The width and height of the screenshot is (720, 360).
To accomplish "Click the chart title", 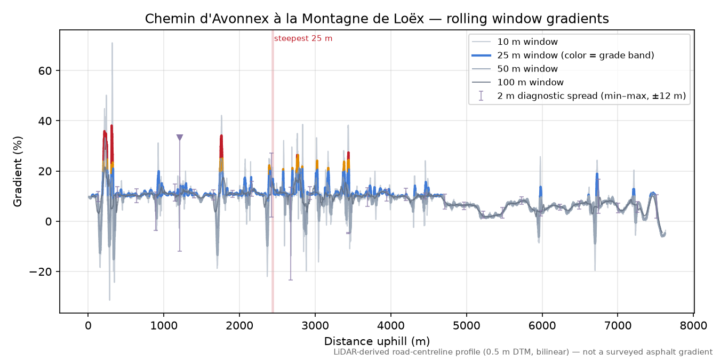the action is coord(377,19).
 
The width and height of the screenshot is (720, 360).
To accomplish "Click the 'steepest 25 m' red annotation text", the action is coord(303,38).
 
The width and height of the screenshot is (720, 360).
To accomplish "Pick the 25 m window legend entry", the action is coord(563,55).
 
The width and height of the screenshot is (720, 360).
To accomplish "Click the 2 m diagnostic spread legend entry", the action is coord(579,96).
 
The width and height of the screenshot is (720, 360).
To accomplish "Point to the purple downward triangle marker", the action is coord(180,138).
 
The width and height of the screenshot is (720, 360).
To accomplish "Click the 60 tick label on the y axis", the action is coord(45,71).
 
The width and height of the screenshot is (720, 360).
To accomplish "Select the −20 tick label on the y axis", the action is coord(41,272).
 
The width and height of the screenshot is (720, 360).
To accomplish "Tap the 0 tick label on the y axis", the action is coord(49,221).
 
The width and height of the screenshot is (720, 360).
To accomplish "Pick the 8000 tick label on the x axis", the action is coord(693,326).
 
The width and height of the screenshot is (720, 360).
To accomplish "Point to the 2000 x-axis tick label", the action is coord(239,326).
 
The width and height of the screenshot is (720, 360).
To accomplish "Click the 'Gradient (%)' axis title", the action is coord(18,172).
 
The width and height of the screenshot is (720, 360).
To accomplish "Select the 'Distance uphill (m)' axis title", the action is coord(377,341).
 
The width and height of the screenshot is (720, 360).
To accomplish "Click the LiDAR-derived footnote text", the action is coord(523,353).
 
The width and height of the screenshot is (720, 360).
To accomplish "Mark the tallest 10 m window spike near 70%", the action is coord(112,43).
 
